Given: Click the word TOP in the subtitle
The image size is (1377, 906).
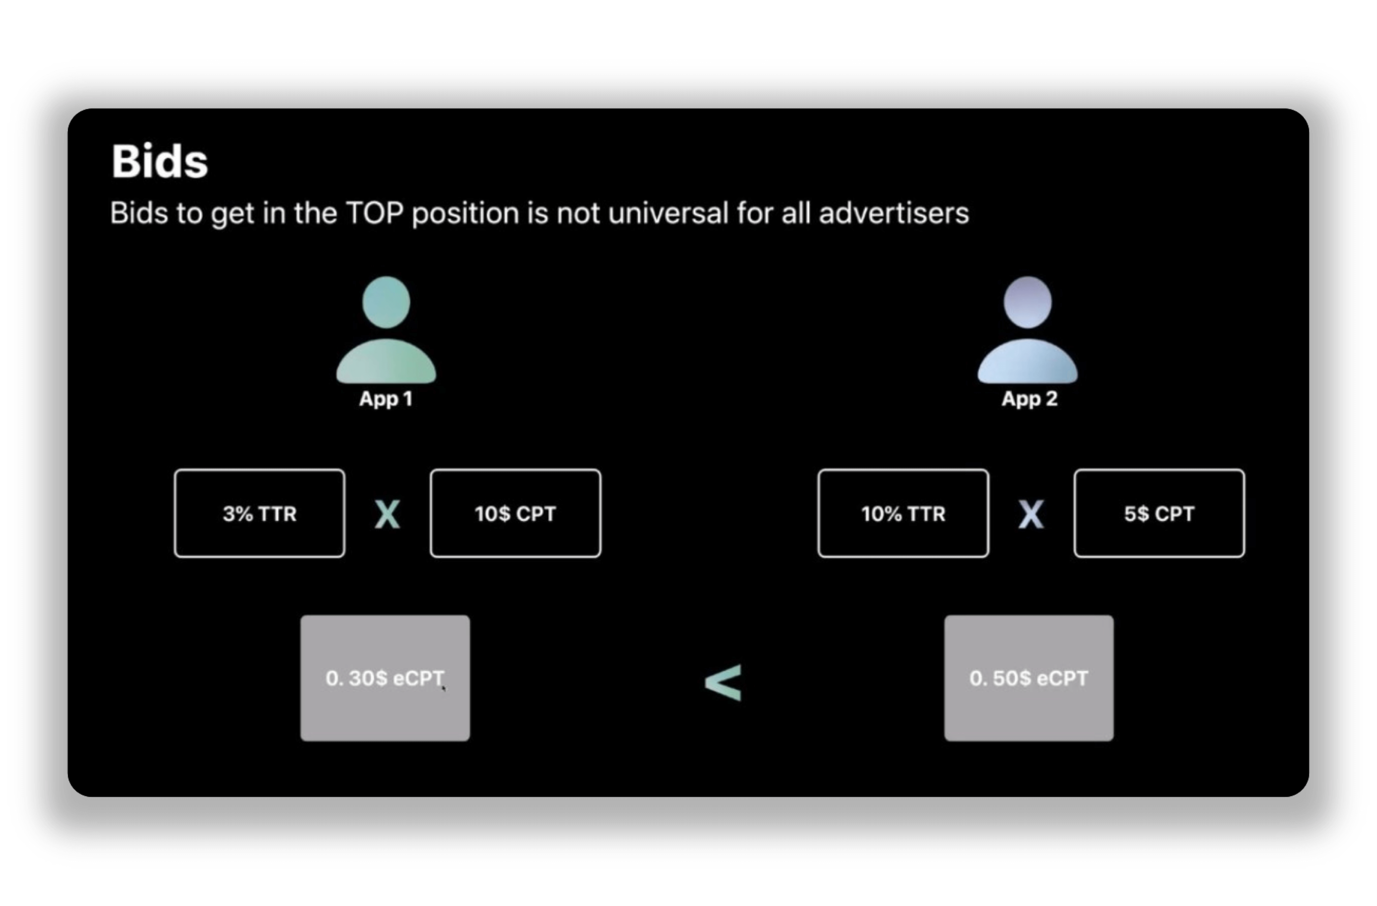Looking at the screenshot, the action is [374, 213].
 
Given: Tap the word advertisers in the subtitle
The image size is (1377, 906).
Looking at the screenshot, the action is [894, 213].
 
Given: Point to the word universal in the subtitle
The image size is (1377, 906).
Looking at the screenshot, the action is [668, 213].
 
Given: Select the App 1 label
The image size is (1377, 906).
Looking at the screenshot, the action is [386, 399].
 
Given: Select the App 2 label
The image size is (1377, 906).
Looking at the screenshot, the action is [1029, 399].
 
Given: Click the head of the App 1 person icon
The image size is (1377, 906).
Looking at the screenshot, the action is [386, 302].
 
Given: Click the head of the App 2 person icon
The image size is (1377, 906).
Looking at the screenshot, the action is [1028, 302].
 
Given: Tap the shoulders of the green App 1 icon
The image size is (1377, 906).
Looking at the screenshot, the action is [386, 362].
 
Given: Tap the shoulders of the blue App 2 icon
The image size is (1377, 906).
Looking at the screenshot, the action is [1028, 362].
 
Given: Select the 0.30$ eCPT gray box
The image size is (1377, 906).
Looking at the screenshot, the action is [385, 678].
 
